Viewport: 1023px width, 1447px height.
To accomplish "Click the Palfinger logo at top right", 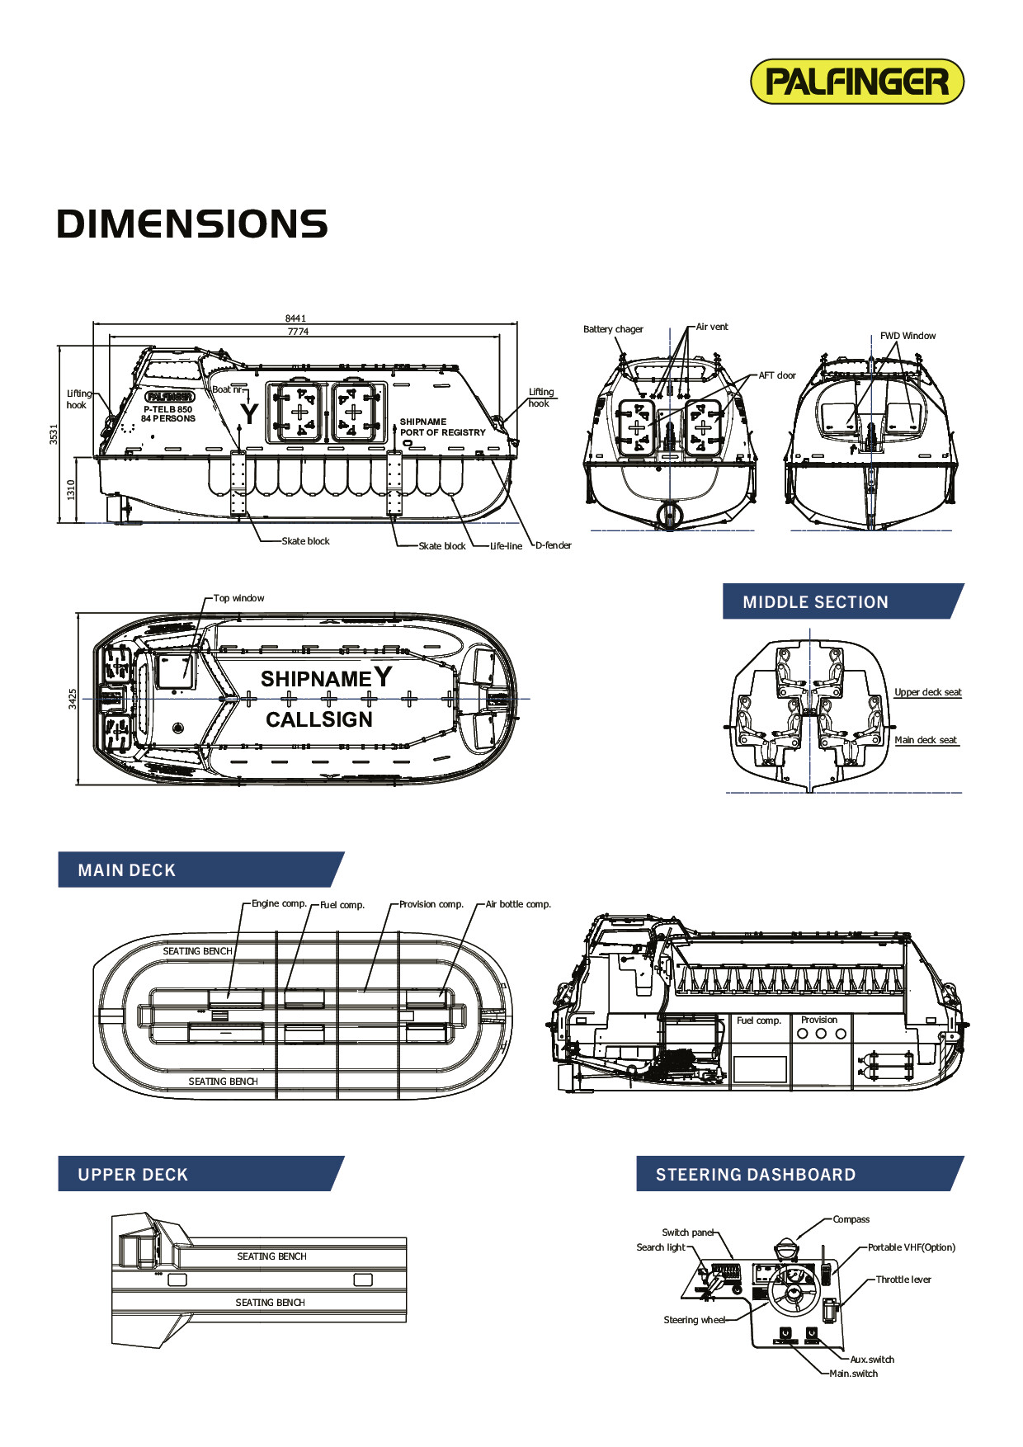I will [857, 82].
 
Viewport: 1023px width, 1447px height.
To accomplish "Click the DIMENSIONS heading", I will [192, 224].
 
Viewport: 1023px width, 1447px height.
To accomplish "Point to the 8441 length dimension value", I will [295, 318].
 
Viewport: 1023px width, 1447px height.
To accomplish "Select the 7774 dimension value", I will [298, 332].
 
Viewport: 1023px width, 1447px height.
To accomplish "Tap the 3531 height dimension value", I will [54, 434].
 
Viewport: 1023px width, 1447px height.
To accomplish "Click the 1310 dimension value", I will [71, 489].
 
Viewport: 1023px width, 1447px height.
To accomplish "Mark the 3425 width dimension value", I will [72, 699].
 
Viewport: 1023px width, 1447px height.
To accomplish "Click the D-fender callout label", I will [554, 545].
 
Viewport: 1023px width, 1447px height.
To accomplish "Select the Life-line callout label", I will [506, 546].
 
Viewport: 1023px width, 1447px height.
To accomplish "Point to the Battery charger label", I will [613, 329].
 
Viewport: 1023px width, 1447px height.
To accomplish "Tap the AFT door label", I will [777, 375].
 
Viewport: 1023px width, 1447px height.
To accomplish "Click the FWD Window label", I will [907, 336].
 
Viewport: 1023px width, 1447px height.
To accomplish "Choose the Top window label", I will [238, 598].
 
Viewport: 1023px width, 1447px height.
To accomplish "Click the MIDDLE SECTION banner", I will [815, 602].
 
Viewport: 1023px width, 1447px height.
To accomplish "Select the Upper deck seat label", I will [928, 692].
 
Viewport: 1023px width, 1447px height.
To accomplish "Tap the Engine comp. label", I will [279, 903].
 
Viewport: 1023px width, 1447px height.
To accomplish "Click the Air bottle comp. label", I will [518, 904].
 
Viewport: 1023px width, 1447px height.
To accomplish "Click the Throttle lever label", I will [903, 1280].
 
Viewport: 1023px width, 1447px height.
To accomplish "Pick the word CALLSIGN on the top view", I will [319, 720].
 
